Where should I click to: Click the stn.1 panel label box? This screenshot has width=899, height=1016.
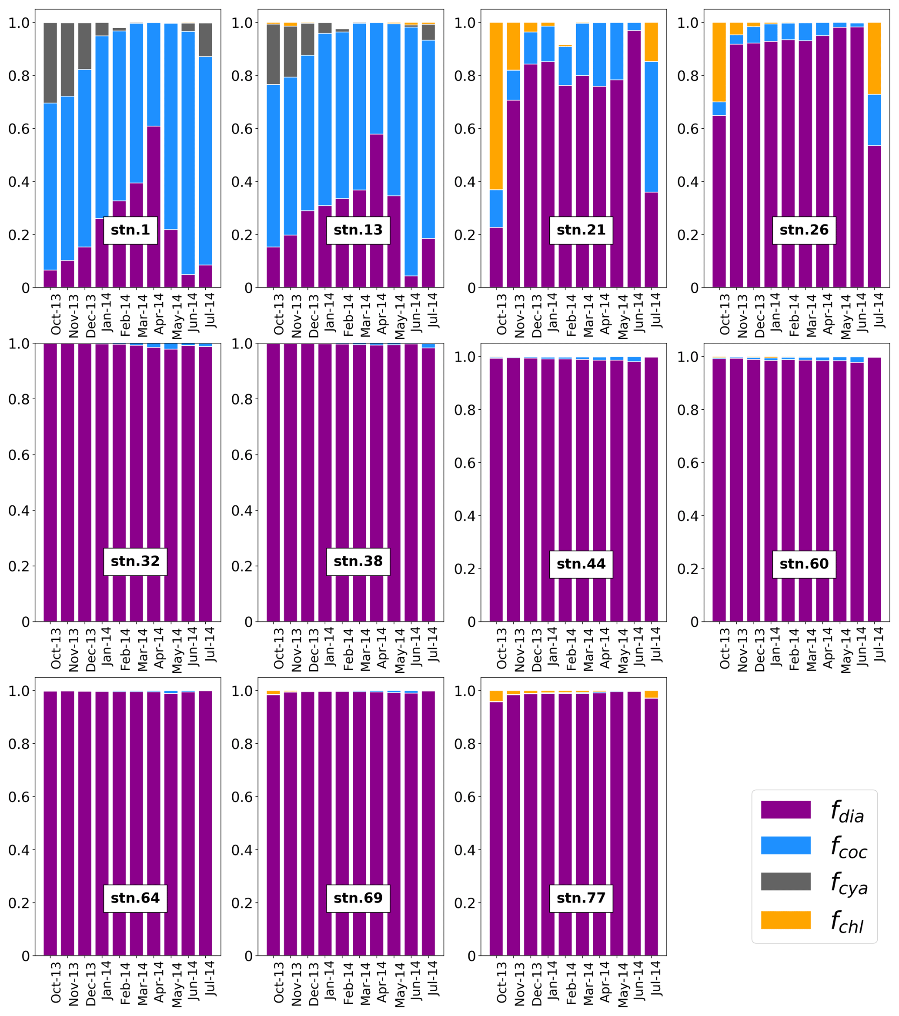[x=130, y=230]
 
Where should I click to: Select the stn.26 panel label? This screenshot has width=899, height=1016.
[x=804, y=230]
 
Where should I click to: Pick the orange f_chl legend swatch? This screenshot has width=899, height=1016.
[x=785, y=920]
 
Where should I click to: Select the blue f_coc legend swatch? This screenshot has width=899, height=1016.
[x=785, y=846]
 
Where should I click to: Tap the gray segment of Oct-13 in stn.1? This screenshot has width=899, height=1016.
[x=50, y=63]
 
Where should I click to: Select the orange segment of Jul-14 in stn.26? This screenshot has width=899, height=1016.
[x=874, y=58]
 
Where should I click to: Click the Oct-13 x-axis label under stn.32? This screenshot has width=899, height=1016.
[x=56, y=648]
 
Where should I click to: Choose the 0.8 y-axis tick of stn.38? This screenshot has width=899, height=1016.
[x=243, y=399]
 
